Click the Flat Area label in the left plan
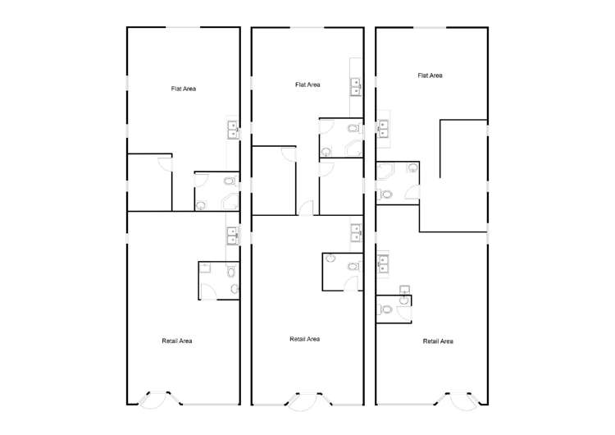(183, 89)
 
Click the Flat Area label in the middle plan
(307, 85)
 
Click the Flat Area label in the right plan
(430, 76)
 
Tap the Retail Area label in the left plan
(177, 340)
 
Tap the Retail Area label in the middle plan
(305, 339)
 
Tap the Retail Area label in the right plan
(438, 341)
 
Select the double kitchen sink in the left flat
(233, 127)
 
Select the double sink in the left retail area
(233, 236)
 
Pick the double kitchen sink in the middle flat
(356, 86)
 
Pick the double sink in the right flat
(383, 128)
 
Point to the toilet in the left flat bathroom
(229, 181)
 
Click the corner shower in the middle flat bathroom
(355, 148)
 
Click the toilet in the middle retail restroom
(353, 267)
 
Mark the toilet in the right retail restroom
(385, 310)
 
